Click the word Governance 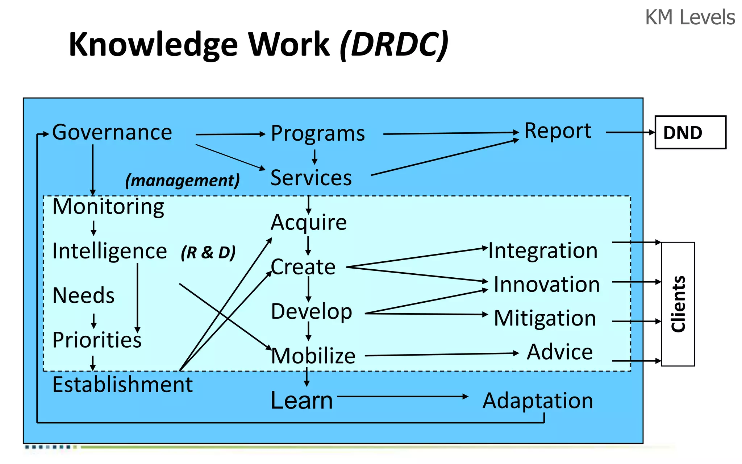[x=112, y=133]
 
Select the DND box [x=690, y=133]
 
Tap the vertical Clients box [x=678, y=304]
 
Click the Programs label [x=318, y=134]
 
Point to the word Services [x=311, y=178]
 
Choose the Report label [x=558, y=131]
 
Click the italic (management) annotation [x=182, y=180]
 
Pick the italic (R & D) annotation [x=208, y=253]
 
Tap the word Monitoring [x=108, y=207]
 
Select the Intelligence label [x=109, y=251]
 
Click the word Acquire [x=309, y=222]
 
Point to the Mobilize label [x=313, y=356]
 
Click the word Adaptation [x=538, y=401]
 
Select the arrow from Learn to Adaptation [x=402, y=397]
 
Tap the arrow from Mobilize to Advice [x=441, y=355]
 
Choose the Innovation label [x=546, y=285]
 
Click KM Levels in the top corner [x=690, y=17]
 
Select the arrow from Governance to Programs [x=230, y=134]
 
